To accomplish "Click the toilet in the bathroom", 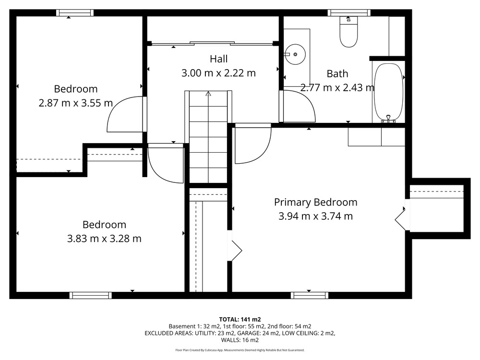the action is [x=348, y=32].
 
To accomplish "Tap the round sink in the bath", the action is [x=295, y=54].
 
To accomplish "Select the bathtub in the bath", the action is [x=388, y=92].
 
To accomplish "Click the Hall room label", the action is [x=218, y=59].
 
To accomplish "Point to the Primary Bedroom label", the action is [x=316, y=203].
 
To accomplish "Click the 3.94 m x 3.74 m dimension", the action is [x=316, y=216].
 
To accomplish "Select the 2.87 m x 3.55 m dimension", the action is [x=76, y=103].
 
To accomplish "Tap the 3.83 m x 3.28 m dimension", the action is [x=104, y=239].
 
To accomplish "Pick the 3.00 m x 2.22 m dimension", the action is [x=218, y=73].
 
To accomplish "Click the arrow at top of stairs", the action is [x=208, y=94].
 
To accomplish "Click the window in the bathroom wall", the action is [x=349, y=12].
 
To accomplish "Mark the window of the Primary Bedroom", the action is [x=309, y=295].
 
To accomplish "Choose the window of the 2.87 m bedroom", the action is [x=75, y=12].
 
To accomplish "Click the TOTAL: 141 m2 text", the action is [x=240, y=320].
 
